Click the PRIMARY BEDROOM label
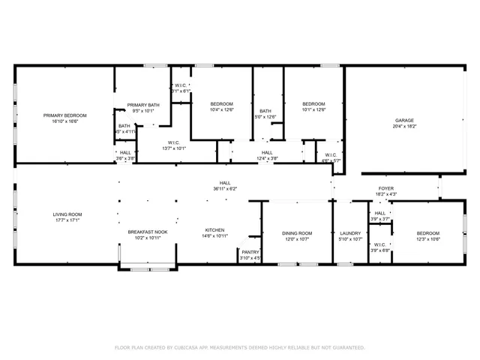coord(64,115)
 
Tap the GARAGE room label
coord(405,120)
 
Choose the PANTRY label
coord(250,252)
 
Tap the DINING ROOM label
coord(297,233)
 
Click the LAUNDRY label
coord(351,233)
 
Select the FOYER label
coord(385,188)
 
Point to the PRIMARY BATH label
coord(142,105)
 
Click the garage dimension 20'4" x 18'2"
coord(405,127)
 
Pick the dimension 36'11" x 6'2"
coord(224,189)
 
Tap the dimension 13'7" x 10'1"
coord(173,148)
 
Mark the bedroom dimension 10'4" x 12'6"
coord(221,109)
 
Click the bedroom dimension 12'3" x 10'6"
coord(428,239)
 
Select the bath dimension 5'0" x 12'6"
coord(265,116)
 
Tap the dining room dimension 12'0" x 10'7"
coord(297,239)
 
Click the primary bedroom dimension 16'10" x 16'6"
coord(64,121)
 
